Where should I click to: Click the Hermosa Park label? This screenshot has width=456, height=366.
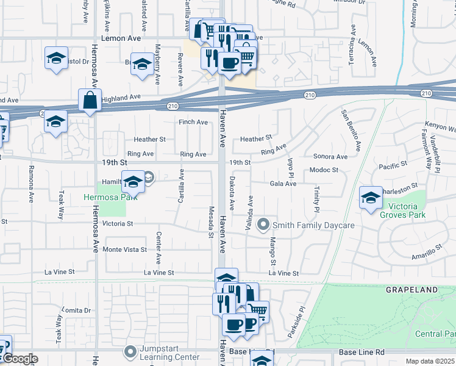(x=105, y=198)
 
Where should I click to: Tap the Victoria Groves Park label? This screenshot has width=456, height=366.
(x=402, y=209)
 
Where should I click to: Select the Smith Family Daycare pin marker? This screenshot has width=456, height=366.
(x=263, y=225)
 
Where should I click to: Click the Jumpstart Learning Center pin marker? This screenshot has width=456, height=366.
(x=130, y=351)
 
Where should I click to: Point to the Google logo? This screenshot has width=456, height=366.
(x=20, y=359)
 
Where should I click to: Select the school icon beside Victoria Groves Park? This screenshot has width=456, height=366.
(x=371, y=198)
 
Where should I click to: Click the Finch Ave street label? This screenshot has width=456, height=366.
(x=193, y=122)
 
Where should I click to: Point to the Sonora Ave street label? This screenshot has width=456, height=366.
(x=330, y=157)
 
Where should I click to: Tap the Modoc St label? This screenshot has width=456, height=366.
(x=324, y=170)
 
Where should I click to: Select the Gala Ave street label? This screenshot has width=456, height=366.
(x=283, y=184)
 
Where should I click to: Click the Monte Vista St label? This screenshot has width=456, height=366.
(x=124, y=249)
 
